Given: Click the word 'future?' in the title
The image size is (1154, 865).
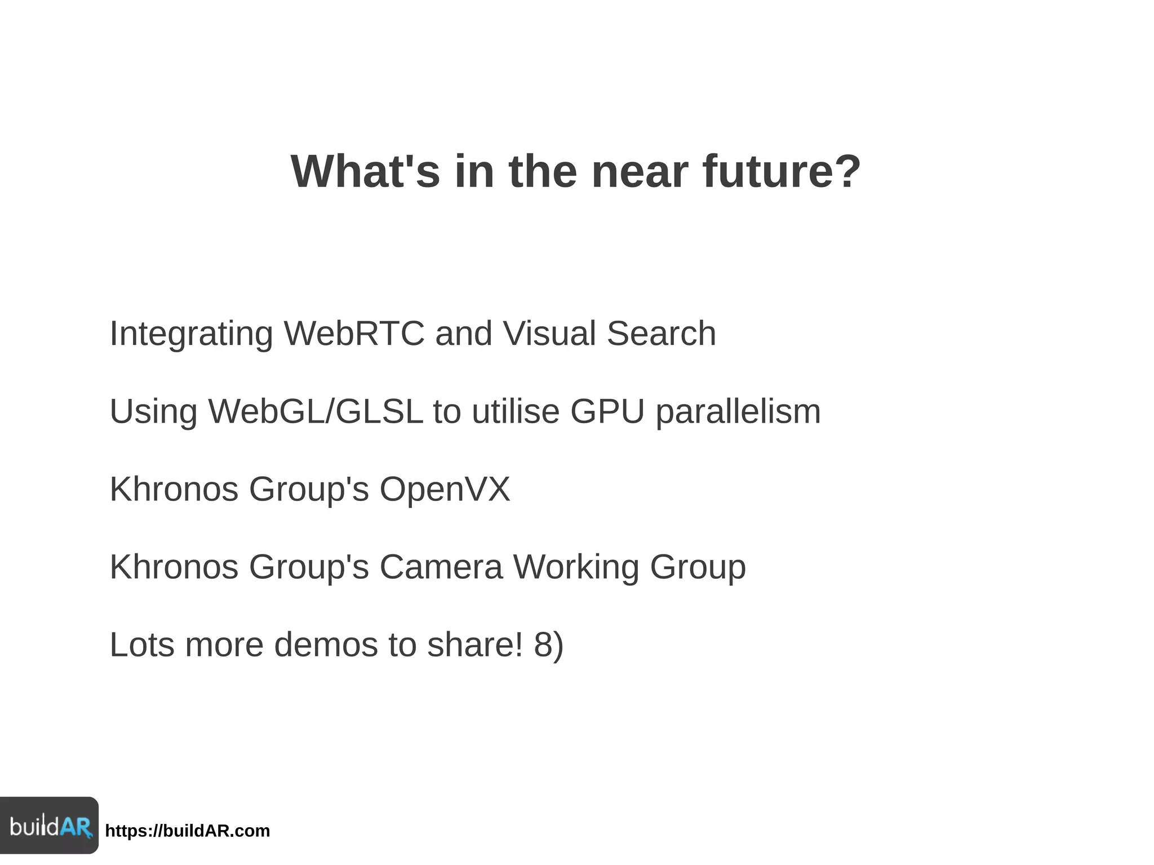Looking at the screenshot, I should pos(782,171).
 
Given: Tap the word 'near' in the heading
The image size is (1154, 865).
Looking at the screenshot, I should pos(640,171).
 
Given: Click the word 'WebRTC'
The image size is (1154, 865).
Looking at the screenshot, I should pos(354,333).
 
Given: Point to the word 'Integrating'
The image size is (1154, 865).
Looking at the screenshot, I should pos(191,333).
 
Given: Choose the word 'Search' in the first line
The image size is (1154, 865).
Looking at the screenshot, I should pos(661,333).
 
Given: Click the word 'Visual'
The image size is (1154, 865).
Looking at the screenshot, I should pos(549,333).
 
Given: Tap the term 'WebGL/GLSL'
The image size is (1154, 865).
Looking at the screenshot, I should pos(316,411).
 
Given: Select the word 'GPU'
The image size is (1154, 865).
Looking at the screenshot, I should pos(607,411).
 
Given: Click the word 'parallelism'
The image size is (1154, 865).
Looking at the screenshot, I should pos(738,412).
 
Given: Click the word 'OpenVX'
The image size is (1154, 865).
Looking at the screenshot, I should pos(445,489).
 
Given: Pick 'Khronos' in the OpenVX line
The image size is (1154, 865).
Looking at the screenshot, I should pos(174,489).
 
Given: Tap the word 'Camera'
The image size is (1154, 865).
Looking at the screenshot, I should pos(441,566).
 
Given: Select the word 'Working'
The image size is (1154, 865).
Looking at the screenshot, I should pos(576,567).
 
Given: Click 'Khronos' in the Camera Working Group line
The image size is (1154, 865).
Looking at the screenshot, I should pos(174,566).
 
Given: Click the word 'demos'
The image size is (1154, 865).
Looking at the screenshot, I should pos(326,645).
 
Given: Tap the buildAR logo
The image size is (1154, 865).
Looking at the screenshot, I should pos(50,826).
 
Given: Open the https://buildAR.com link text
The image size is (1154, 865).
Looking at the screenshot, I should pos(188,831).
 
